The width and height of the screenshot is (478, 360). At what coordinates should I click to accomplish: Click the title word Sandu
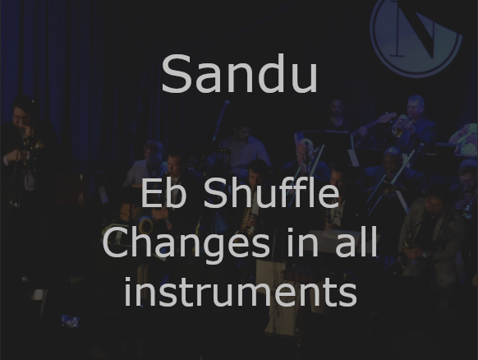point(239,75)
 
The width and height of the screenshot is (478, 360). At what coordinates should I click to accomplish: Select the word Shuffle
point(271,195)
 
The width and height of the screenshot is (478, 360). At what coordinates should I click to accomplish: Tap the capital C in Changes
point(117,244)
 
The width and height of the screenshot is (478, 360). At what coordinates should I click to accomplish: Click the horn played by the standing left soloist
point(29,148)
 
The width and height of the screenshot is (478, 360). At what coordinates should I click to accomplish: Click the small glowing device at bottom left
point(69,320)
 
